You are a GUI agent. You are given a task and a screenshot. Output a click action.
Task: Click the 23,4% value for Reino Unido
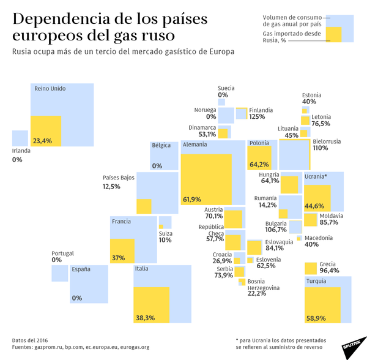(x=42, y=141)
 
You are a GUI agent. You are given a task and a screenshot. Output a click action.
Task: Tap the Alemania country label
(x=195, y=145)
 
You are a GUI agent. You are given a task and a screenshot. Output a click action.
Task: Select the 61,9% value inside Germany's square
(x=191, y=199)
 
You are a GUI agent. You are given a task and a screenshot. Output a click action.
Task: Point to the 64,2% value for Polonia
(x=259, y=164)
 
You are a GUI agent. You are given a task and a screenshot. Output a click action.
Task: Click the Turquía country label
(x=316, y=282)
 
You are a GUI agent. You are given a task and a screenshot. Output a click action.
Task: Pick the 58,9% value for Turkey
(x=316, y=318)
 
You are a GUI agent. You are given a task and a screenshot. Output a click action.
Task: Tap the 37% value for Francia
(x=118, y=258)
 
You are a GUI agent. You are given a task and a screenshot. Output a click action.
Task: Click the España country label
(x=81, y=269)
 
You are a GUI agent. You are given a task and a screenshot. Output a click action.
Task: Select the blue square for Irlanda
(x=20, y=138)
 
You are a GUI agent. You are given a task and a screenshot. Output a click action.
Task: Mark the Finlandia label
(x=261, y=110)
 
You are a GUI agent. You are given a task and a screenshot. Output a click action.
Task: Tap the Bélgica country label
(x=161, y=146)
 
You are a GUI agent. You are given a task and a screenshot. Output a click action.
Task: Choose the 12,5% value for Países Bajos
(x=111, y=186)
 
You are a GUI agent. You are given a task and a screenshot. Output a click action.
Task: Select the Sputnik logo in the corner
(x=351, y=344)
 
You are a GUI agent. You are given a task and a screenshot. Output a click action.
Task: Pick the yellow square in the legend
(x=335, y=34)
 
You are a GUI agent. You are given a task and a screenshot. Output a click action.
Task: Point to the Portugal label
(x=64, y=253)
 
